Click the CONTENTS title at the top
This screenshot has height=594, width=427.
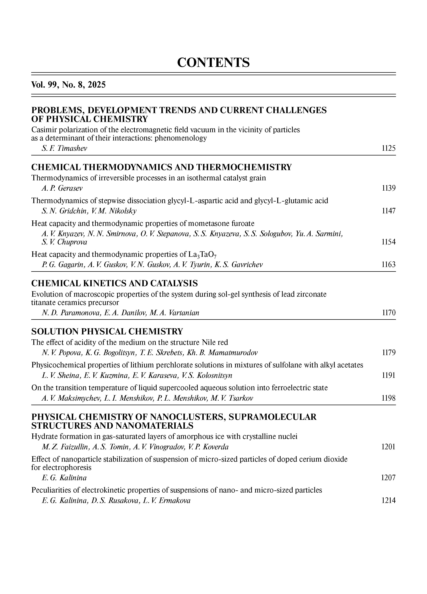213,63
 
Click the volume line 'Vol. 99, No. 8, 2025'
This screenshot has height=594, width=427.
68,85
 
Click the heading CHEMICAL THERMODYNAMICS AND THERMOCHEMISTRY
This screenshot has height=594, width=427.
161,167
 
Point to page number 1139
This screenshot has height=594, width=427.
389,188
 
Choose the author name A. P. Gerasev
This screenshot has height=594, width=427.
62,188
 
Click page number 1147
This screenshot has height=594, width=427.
389,211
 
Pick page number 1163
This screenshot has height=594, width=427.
389,265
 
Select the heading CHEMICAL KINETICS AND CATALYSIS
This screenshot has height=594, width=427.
115,283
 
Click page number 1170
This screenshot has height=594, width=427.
389,313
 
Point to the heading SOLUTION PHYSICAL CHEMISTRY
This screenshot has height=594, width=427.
107,332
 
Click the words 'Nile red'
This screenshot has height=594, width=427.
215,342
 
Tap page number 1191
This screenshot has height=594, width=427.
389,376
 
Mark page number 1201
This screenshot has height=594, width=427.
389,447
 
